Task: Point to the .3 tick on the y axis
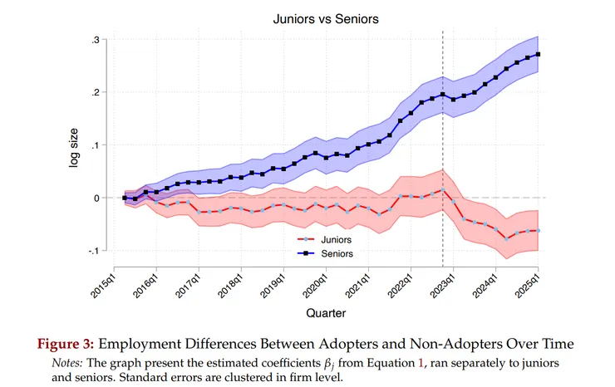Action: [97, 40]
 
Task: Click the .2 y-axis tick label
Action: [97, 92]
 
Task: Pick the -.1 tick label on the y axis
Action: [95, 251]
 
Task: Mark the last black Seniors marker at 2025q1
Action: [539, 55]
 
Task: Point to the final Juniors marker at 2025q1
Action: [539, 231]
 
